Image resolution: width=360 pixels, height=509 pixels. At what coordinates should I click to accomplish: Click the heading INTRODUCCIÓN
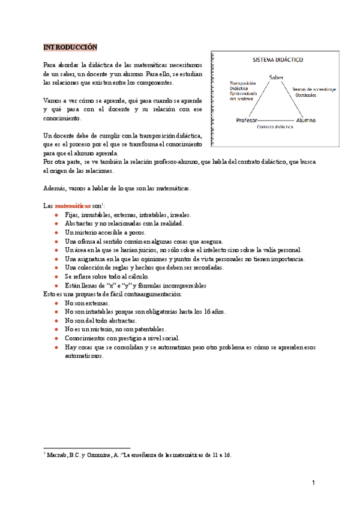pos(70,47)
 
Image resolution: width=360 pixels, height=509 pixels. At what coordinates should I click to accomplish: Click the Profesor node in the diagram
pos(247,120)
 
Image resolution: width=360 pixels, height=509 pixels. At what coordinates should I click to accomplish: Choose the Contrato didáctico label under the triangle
pos(275,128)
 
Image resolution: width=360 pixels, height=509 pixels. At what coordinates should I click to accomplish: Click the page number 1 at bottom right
pos(313,482)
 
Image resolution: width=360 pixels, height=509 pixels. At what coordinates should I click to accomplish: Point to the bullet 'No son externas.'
pos(87,304)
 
